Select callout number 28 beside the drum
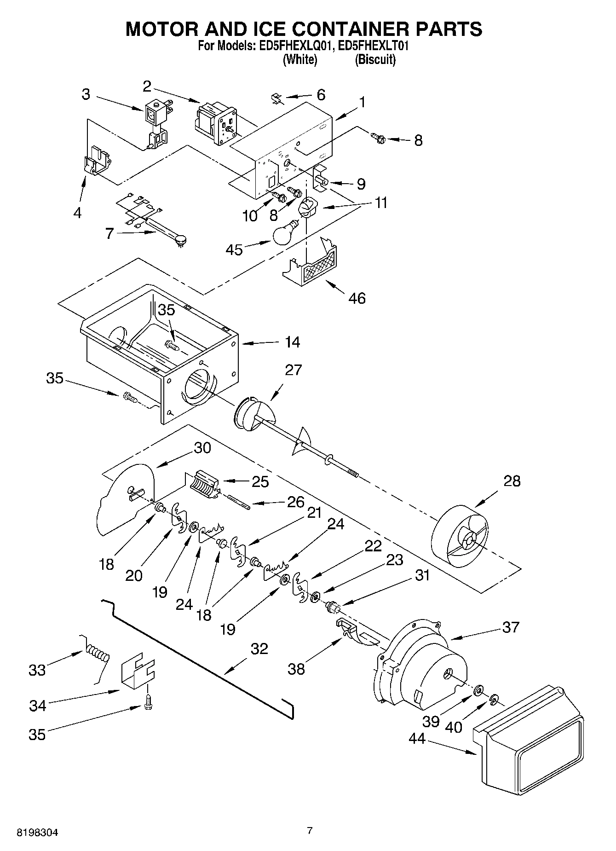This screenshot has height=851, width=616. [512, 481]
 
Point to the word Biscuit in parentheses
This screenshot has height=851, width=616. [375, 59]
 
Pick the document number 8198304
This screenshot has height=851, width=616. [38, 832]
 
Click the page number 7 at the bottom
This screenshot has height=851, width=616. [310, 830]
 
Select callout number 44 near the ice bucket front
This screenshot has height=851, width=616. [417, 738]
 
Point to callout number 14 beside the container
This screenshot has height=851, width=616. [292, 342]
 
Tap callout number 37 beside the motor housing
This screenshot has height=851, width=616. [511, 627]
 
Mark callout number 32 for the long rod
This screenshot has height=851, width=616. [259, 649]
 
